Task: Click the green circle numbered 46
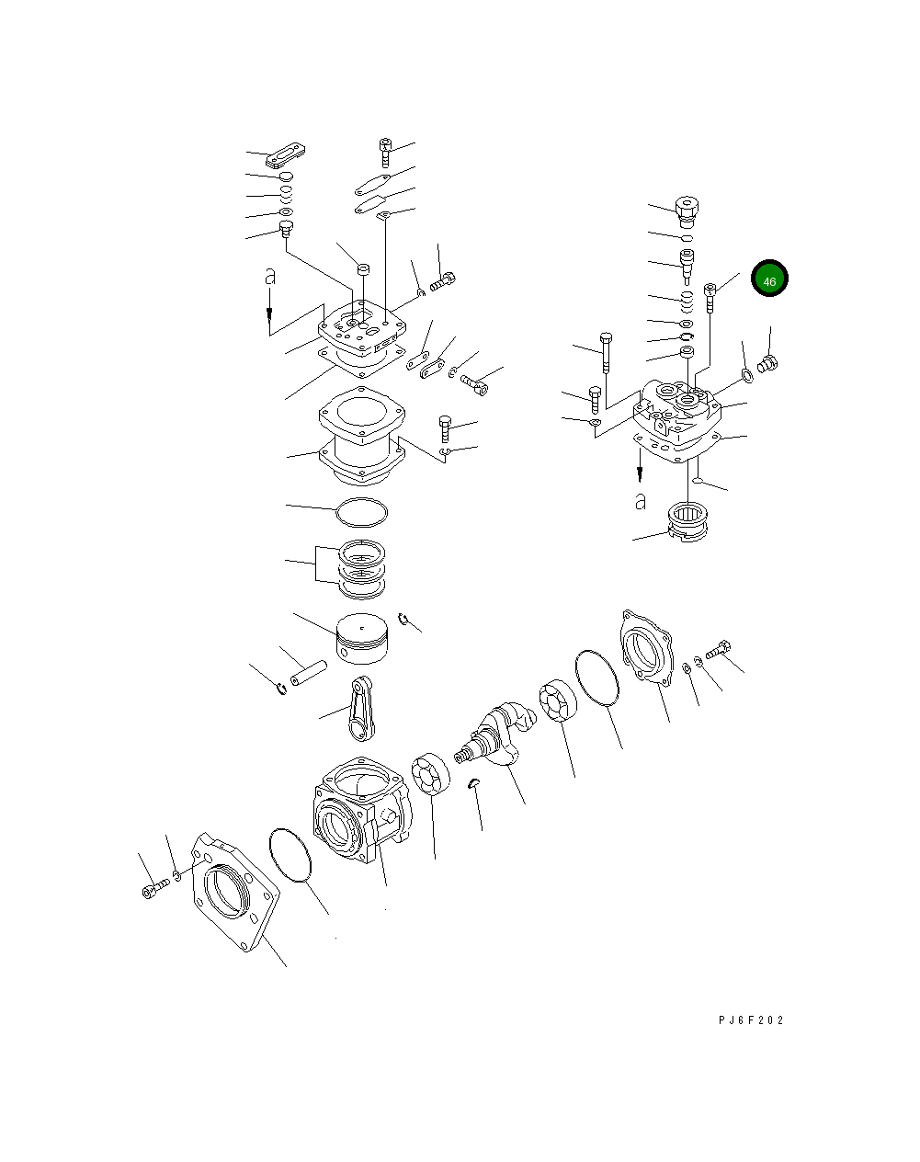769,280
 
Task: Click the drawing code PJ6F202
751,1020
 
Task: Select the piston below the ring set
364,639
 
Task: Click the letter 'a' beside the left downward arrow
269,275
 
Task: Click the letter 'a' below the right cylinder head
641,502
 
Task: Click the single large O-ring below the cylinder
362,511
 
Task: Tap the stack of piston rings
362,567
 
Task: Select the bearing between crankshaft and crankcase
429,774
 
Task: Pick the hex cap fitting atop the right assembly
687,211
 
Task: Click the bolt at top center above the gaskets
386,151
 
